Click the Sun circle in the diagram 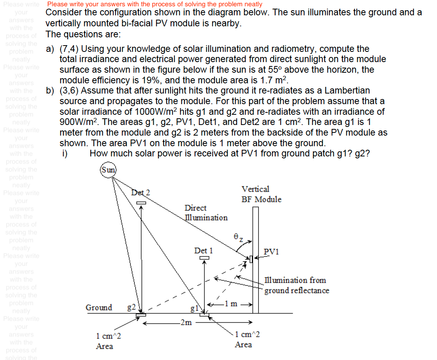click(109, 170)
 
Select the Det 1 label click(204, 250)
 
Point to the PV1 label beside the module click(271, 252)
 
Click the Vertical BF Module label click(261, 194)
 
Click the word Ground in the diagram click(99, 307)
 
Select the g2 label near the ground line click(131, 307)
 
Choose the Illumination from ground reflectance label click(297, 285)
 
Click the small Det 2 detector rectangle click(141, 202)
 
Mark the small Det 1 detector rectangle click(204, 258)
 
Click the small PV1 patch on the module click(251, 259)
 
